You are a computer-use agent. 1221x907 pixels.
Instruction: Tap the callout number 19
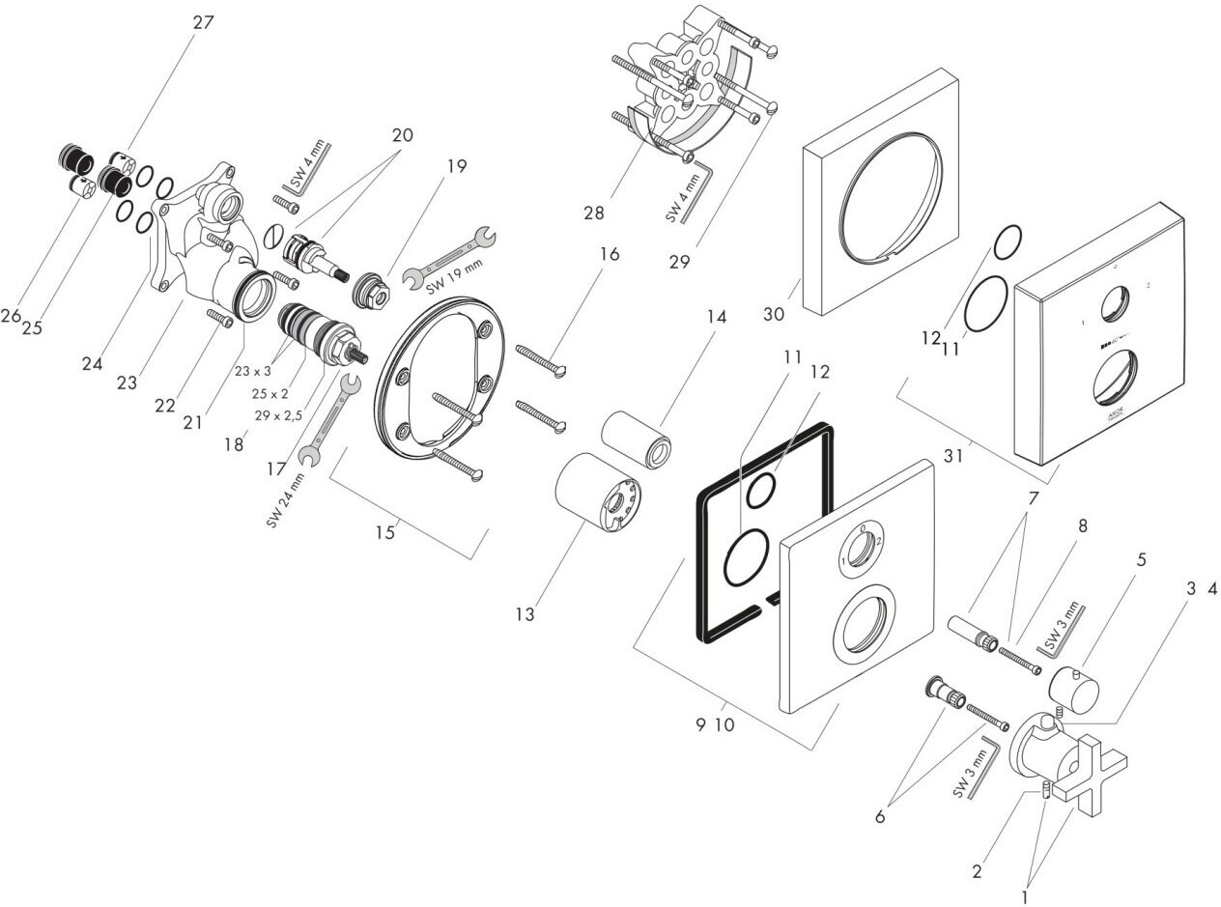click(x=456, y=166)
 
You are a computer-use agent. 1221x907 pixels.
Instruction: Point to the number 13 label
click(x=525, y=614)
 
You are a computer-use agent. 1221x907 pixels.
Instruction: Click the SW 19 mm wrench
click(x=446, y=258)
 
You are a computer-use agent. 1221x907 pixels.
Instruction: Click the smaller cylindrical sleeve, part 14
click(x=637, y=439)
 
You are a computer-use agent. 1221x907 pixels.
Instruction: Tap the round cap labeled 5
click(x=1075, y=687)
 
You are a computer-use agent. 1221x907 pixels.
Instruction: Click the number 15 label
click(x=385, y=532)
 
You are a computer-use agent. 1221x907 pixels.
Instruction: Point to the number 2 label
click(x=978, y=871)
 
